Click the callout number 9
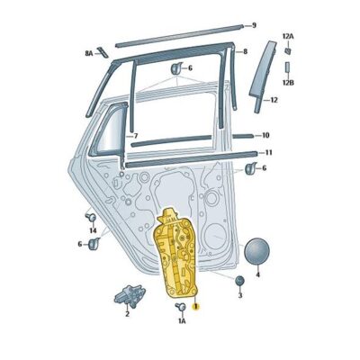[254, 24]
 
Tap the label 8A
[89, 54]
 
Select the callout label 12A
[287, 35]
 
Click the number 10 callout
[265, 136]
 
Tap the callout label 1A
[181, 320]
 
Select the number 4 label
[257, 275]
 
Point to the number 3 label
[239, 294]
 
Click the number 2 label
[127, 314]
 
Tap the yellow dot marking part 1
[197, 306]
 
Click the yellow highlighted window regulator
[177, 256]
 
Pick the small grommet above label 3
[239, 280]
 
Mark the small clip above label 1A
[179, 307]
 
